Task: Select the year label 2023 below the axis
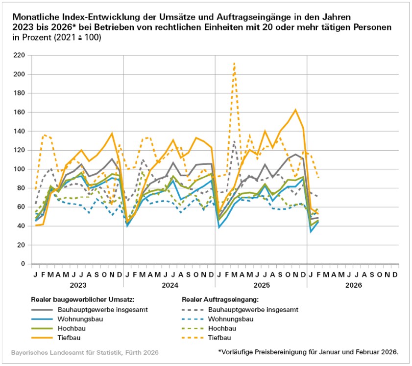(x=77, y=285)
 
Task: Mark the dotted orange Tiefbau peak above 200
(x=235, y=63)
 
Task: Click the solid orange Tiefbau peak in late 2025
(x=295, y=110)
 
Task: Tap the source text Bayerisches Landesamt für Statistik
(x=84, y=352)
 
